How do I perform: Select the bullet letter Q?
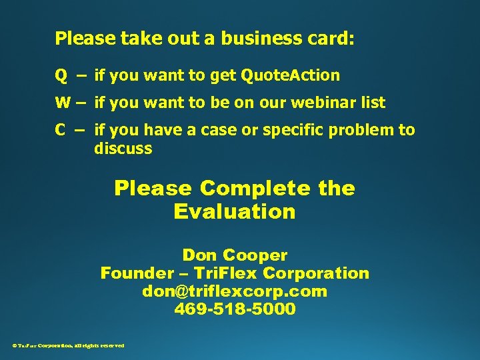[61, 76]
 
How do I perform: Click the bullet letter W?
[62, 103]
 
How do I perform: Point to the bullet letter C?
[61, 130]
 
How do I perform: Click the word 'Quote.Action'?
[290, 76]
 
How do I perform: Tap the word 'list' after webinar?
[372, 103]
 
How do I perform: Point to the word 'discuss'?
[123, 149]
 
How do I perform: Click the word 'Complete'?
[255, 189]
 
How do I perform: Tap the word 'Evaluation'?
[234, 212]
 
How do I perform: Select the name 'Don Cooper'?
[235, 255]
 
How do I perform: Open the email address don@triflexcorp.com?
[235, 291]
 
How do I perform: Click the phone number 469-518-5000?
[235, 309]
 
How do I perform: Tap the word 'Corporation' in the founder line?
[316, 273]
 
